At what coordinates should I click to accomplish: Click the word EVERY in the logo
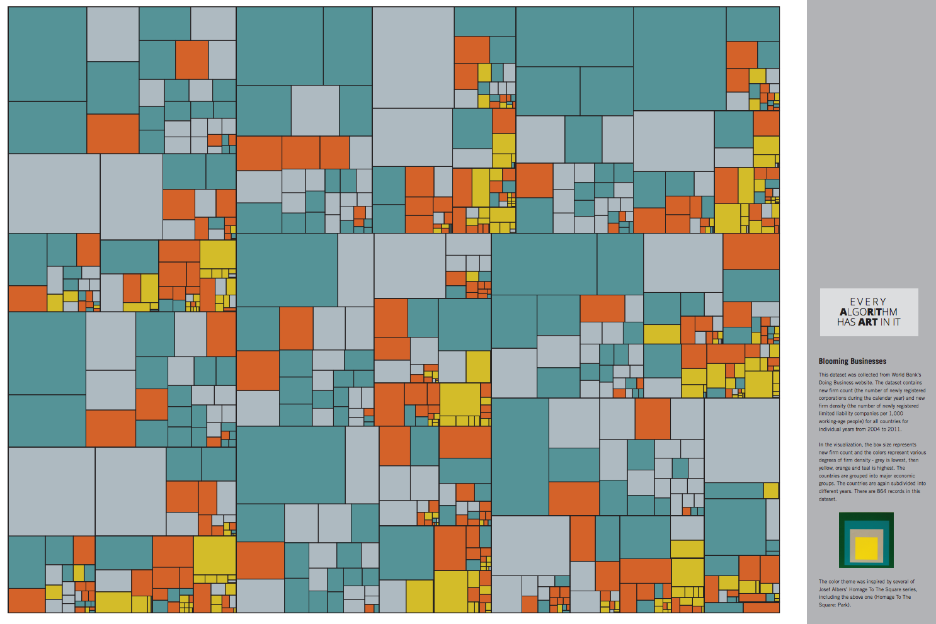point(868,302)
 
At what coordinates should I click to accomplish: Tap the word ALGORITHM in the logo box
point(869,312)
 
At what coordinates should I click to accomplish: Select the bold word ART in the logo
point(867,322)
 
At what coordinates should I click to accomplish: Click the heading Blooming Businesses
point(852,361)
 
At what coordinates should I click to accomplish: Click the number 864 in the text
point(881,491)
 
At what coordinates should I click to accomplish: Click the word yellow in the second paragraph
point(826,468)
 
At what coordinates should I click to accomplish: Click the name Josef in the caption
point(825,589)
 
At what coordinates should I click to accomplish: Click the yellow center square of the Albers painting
point(867,548)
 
